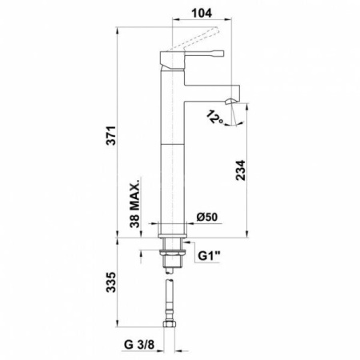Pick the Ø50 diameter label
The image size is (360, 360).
(207, 217)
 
